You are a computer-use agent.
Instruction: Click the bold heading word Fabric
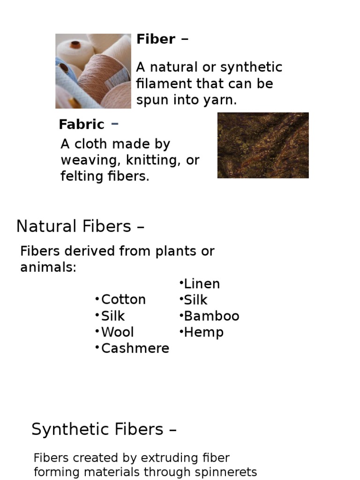pyautogui.click(x=82, y=125)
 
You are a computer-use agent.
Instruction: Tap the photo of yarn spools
pyautogui.click(x=93, y=71)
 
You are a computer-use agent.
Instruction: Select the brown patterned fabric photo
pyautogui.click(x=263, y=145)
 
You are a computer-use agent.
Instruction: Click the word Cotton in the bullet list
pyautogui.click(x=123, y=300)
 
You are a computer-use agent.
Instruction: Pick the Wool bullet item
pyautogui.click(x=117, y=332)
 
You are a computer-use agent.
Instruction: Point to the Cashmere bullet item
pyautogui.click(x=135, y=349)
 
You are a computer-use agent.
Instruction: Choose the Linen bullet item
pyautogui.click(x=202, y=284)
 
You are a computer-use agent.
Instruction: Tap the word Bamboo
pyautogui.click(x=211, y=316)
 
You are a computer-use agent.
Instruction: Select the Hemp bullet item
pyautogui.click(x=203, y=333)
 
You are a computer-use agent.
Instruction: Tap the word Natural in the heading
pyautogui.click(x=43, y=227)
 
